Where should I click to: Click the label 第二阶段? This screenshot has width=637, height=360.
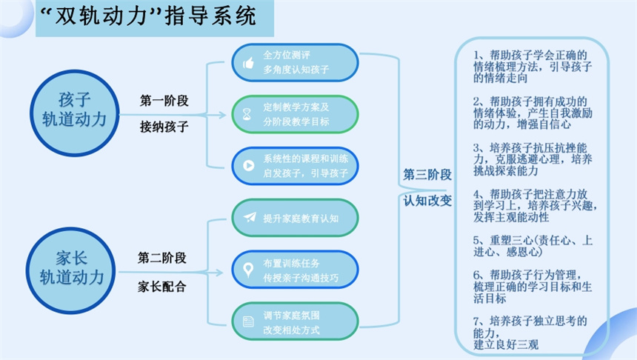[x=161, y=259]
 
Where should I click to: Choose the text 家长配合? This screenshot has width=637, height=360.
[x=161, y=286]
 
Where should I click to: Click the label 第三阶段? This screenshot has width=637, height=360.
[x=427, y=174]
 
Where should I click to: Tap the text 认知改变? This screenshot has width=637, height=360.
[x=427, y=201]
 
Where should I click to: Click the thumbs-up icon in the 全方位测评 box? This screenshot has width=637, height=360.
[x=247, y=64]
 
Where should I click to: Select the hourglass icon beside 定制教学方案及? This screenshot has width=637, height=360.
[x=247, y=115]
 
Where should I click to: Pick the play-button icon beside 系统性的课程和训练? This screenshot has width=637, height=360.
[x=247, y=166]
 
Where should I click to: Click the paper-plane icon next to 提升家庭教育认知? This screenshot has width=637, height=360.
[x=248, y=218]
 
